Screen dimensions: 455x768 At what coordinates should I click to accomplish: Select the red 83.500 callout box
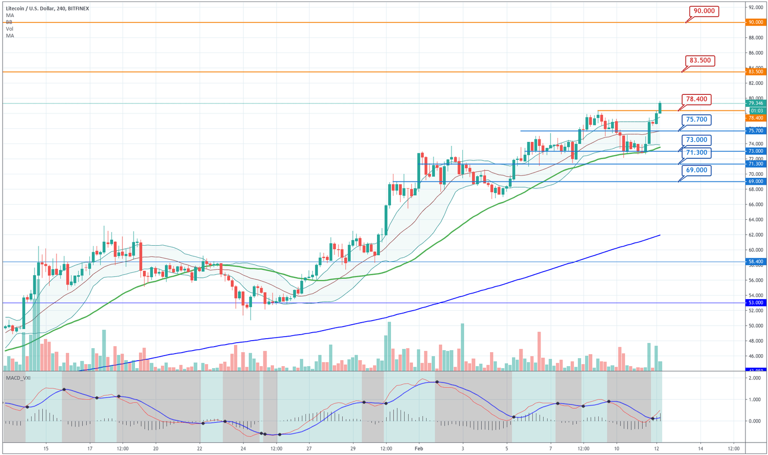click(x=700, y=60)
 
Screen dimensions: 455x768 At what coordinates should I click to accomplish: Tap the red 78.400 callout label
click(x=696, y=99)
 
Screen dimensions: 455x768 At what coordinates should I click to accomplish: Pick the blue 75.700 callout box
click(x=696, y=120)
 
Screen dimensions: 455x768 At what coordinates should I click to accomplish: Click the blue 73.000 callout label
click(x=696, y=140)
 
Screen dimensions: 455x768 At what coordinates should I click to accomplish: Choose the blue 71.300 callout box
click(x=696, y=152)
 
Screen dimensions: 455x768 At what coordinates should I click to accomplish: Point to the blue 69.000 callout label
click(x=696, y=170)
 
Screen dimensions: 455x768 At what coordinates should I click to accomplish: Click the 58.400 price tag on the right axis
click(x=755, y=261)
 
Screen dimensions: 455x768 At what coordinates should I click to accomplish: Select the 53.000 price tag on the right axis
click(x=755, y=303)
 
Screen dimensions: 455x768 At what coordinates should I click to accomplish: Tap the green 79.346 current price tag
click(x=755, y=103)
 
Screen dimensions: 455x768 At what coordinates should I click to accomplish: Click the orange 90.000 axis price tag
click(x=755, y=22)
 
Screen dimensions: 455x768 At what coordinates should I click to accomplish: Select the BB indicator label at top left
click(x=9, y=22)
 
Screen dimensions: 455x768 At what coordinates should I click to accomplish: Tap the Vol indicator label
click(x=9, y=29)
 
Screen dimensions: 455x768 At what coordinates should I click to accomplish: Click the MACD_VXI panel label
click(x=18, y=378)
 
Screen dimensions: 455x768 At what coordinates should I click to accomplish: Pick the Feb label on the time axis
click(x=418, y=449)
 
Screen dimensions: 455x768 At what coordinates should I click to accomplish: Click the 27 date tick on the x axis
click(x=309, y=449)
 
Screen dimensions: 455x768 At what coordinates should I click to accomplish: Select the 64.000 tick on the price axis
click(x=755, y=220)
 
